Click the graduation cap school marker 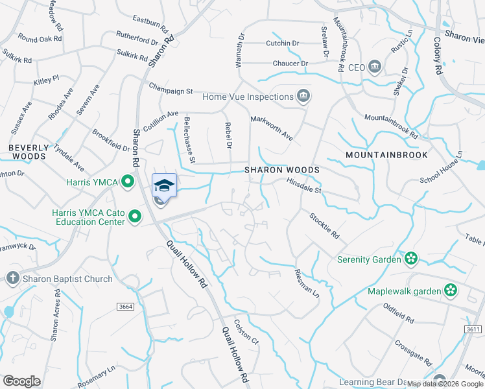[x=164, y=185]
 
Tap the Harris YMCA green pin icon [x=128, y=181]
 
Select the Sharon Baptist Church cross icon [x=12, y=279]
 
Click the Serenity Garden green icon [x=410, y=259]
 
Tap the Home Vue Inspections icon [x=303, y=97]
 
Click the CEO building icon [x=375, y=67]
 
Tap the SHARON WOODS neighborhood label [x=282, y=170]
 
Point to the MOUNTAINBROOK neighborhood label [x=377, y=156]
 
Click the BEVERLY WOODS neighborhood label [x=27, y=152]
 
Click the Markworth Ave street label [x=272, y=128]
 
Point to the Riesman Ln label [x=307, y=283]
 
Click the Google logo [x=21, y=381]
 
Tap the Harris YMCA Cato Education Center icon [x=135, y=216]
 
